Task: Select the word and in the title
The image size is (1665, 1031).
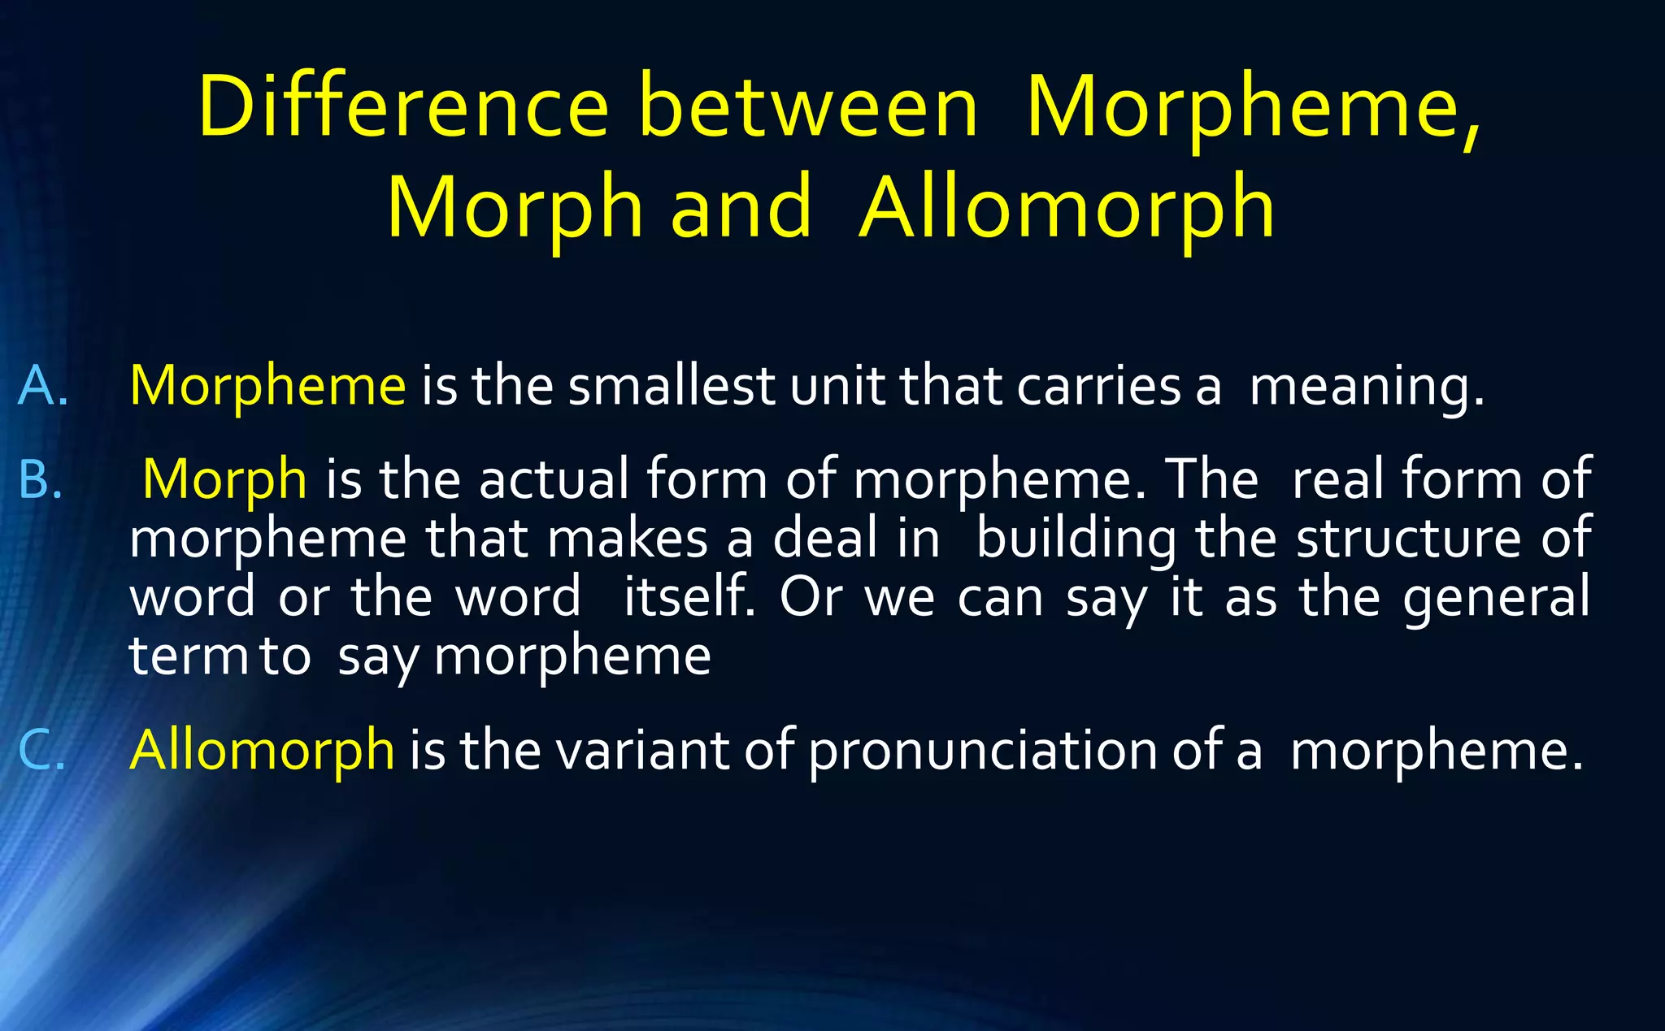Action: pos(741,208)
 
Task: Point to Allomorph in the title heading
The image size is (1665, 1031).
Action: pos(1067,210)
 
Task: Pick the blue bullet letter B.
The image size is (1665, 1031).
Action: pos(40,479)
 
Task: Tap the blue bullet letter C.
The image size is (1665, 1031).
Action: pos(40,749)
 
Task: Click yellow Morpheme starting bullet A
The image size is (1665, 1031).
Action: pos(267,385)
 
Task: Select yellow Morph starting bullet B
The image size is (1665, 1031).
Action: pos(224,479)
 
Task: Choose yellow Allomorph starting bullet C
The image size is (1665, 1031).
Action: pos(262,749)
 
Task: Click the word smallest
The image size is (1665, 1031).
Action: pos(671,385)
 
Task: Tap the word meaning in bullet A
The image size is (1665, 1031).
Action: pos(1366,387)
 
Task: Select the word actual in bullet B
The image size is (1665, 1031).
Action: pos(554,479)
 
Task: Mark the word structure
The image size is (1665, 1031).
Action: pos(1407,538)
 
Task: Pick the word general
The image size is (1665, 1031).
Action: pos(1496,598)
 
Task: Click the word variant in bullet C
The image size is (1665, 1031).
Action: pos(642,749)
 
